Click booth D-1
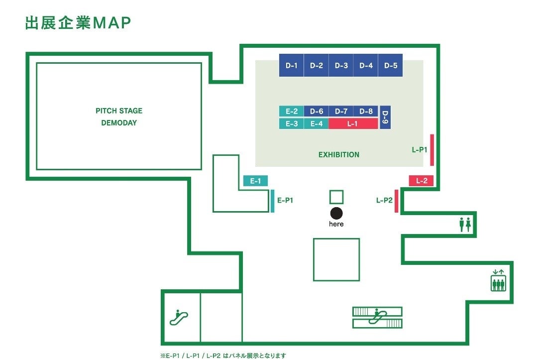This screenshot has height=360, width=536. point(291,65)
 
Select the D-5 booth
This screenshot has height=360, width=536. point(391,65)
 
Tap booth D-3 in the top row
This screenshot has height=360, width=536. point(341,65)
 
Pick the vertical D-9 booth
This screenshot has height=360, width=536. point(385,118)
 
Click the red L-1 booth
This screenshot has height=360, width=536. point(353,123)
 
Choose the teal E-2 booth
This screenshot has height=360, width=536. point(291,112)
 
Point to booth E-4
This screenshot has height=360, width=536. point(316,123)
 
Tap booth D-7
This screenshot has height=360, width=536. point(341,112)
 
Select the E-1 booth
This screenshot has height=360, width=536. point(255,181)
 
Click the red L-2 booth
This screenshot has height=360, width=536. point(421,181)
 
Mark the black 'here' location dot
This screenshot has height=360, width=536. point(336,213)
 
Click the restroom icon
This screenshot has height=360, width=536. point(465,225)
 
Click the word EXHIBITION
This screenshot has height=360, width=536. point(338,155)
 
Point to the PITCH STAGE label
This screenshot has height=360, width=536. point(119,111)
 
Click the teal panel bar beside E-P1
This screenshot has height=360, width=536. point(273,201)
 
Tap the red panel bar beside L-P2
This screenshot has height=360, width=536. point(396,201)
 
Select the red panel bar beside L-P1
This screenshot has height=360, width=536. point(432,150)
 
